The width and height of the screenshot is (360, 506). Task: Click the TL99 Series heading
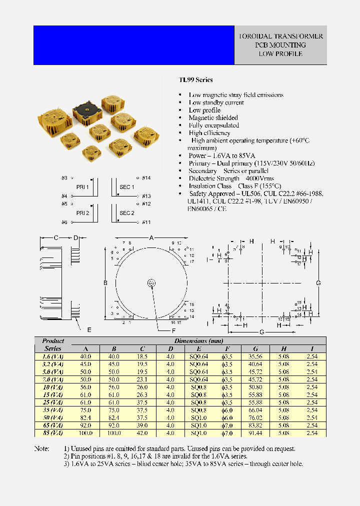coord(195,79)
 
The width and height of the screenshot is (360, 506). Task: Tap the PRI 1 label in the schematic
coord(82,187)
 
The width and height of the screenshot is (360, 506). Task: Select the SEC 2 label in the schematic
coord(126,213)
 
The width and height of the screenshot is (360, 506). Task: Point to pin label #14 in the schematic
coord(146,177)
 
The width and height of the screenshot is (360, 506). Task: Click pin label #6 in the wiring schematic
coord(64,222)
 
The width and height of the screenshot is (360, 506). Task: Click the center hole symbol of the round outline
coord(151,283)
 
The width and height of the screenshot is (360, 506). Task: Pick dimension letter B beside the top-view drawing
coord(105,283)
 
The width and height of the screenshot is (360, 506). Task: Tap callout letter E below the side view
coord(89,330)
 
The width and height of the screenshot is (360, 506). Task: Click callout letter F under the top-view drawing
coord(173,330)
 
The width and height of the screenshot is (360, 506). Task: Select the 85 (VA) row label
coord(52,432)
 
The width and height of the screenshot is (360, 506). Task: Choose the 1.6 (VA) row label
coord(52,356)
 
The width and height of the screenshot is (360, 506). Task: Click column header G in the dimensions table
coord(255,348)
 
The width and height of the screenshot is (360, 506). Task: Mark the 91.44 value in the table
coord(255,432)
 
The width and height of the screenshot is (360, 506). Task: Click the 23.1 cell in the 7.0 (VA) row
coord(142,379)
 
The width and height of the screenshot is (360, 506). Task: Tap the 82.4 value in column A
coord(85,417)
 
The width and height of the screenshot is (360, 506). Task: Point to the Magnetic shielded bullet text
coord(213,117)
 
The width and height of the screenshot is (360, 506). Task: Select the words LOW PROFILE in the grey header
coord(280,53)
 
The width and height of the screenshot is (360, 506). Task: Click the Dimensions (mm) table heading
coord(198,341)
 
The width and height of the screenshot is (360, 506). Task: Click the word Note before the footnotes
coord(41,448)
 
